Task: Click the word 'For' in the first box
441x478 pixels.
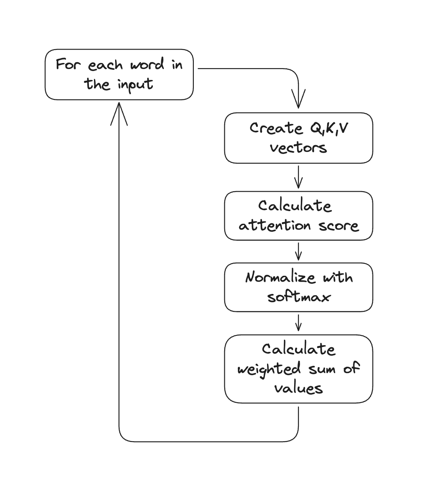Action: (68, 65)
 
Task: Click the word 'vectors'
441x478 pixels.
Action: (298, 148)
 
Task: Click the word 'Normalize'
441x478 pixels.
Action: (281, 277)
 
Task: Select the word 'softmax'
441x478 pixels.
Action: (298, 297)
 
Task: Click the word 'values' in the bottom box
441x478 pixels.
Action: (298, 387)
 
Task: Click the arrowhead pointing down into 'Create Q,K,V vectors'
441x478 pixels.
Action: (298, 102)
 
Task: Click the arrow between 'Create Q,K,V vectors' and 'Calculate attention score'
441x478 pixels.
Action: (298, 177)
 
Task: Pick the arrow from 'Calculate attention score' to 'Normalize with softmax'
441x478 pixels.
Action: (298, 252)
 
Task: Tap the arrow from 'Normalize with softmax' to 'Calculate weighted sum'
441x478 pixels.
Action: (298, 323)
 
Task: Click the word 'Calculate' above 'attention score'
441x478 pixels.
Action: (295, 206)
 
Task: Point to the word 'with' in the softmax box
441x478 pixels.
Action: (337, 277)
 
